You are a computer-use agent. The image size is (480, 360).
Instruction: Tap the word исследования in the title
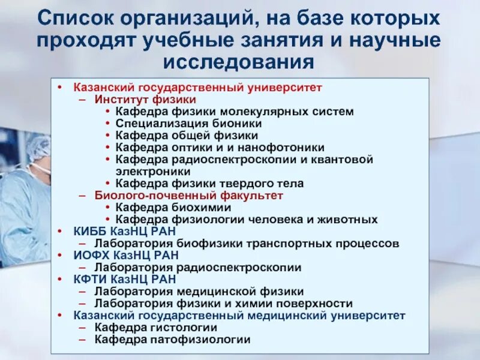[x=239, y=62]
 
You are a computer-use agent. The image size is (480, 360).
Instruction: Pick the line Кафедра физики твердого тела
[x=209, y=183]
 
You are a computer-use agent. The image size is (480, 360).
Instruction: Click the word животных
[x=350, y=219]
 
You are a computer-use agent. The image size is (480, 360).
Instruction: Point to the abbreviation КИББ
[x=91, y=231]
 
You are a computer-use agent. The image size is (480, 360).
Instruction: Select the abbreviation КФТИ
[x=91, y=279]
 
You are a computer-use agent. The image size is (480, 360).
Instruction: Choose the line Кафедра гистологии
[x=155, y=327]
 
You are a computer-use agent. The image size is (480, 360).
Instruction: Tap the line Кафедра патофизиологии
[x=172, y=339]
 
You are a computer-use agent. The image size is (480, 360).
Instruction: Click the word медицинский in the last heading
[x=295, y=315]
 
